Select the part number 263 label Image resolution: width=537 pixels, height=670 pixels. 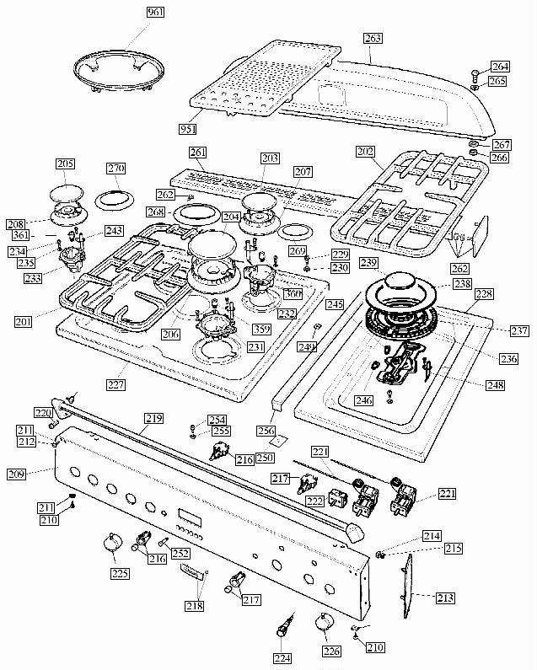point(373,38)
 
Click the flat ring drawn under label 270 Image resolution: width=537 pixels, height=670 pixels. point(115,200)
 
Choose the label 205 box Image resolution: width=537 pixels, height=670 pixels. point(65,163)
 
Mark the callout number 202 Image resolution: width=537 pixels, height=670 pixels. point(365,153)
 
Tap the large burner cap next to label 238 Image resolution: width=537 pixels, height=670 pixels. point(403,286)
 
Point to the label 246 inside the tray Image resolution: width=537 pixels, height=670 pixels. point(363,400)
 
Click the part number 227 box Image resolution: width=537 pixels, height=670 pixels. point(115,385)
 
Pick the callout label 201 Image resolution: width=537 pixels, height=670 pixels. point(25,321)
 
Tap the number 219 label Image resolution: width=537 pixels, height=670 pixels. point(153,418)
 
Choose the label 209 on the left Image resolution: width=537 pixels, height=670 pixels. point(16,474)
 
